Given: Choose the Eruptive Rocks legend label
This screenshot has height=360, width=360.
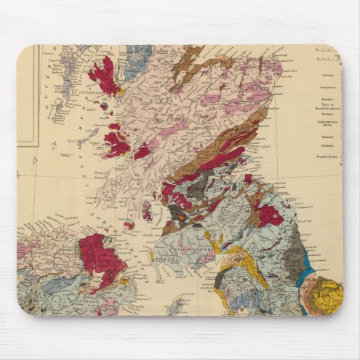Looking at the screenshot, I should [327, 156].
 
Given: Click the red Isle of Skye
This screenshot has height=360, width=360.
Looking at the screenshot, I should [103, 75].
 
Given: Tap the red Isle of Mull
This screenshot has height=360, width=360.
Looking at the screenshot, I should [117, 144].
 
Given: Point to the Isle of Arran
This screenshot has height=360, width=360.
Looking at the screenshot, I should [147, 211].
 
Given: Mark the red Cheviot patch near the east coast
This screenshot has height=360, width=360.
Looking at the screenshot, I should [269, 215].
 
